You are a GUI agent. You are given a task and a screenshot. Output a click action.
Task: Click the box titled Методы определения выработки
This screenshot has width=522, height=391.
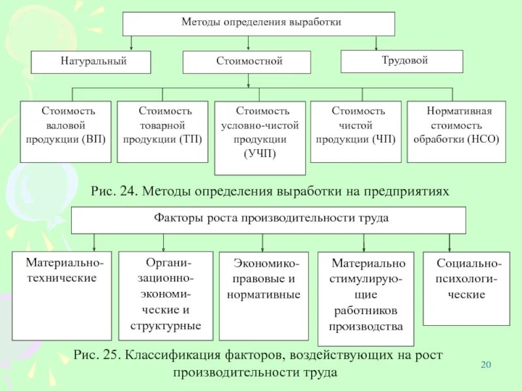[x=259, y=23]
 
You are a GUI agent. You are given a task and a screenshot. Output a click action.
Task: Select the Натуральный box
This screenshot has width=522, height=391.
[x=91, y=62]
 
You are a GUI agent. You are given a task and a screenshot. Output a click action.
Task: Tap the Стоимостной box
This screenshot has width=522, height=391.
[x=247, y=62]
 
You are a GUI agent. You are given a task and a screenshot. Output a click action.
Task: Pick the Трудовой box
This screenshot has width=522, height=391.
[x=402, y=61]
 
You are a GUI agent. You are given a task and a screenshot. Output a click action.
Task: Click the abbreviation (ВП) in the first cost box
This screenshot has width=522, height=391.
[x=94, y=139]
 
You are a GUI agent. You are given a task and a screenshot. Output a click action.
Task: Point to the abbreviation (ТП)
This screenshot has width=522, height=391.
[x=190, y=139]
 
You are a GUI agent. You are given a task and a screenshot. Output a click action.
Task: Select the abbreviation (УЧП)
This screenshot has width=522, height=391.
[x=260, y=154]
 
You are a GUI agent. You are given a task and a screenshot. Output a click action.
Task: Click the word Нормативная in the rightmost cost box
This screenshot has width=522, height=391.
[x=459, y=111]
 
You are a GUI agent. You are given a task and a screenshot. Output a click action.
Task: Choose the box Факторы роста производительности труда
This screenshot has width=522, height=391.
[x=268, y=219]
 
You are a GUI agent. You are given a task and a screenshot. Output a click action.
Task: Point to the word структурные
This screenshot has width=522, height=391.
[x=166, y=325]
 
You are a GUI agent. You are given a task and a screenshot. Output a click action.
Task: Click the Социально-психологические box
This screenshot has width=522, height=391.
[x=466, y=287]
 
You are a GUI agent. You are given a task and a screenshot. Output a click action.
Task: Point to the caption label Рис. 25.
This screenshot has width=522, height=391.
[x=97, y=356]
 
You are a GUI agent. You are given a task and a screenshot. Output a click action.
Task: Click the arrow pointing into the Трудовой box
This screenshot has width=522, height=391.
[x=376, y=46]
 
